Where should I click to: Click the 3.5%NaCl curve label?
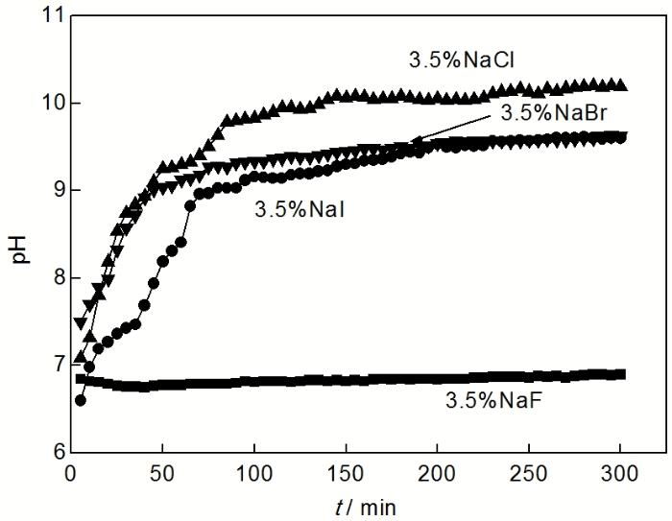point(448,59)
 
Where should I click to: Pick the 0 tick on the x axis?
point(70,475)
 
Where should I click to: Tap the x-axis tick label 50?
point(162,475)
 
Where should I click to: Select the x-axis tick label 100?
point(253,475)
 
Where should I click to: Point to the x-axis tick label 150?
point(345,475)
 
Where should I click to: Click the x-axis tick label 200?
point(437,475)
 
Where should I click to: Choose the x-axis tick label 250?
point(528,475)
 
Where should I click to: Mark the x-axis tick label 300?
point(619,475)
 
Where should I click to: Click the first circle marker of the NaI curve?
point(80,400)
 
